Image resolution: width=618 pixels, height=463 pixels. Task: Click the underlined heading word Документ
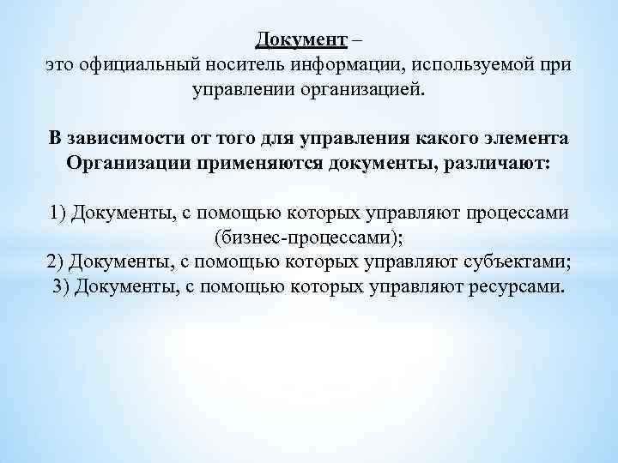coord(301,39)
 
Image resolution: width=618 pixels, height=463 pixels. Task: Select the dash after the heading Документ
coord(357,40)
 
